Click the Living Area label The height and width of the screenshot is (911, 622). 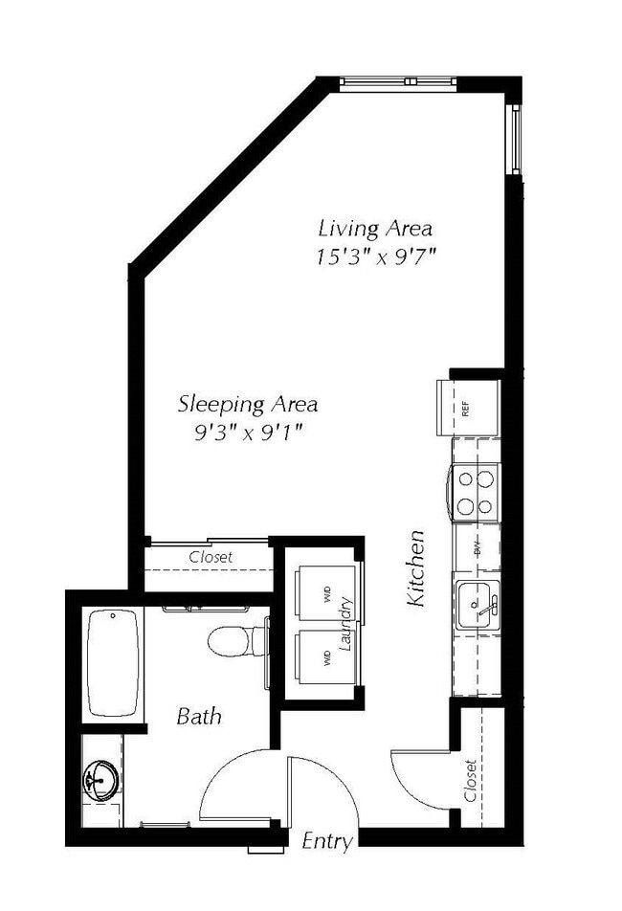(x=375, y=229)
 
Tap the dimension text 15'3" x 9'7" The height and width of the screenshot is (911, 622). (x=368, y=256)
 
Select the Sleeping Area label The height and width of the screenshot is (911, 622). (x=248, y=404)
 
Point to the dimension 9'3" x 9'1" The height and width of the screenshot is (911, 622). (x=248, y=433)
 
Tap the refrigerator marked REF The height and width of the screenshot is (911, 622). (x=468, y=408)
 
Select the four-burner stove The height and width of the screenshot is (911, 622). (x=475, y=491)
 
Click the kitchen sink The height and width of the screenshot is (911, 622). (x=476, y=605)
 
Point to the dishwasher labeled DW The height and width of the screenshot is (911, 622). (x=476, y=550)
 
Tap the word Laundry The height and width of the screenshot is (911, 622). (x=347, y=625)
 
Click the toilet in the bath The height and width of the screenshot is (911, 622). (x=234, y=640)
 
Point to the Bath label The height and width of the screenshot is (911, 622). (x=199, y=715)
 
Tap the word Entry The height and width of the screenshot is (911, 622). (x=327, y=842)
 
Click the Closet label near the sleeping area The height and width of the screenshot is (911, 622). (x=211, y=556)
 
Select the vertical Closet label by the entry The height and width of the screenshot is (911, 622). (x=470, y=782)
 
